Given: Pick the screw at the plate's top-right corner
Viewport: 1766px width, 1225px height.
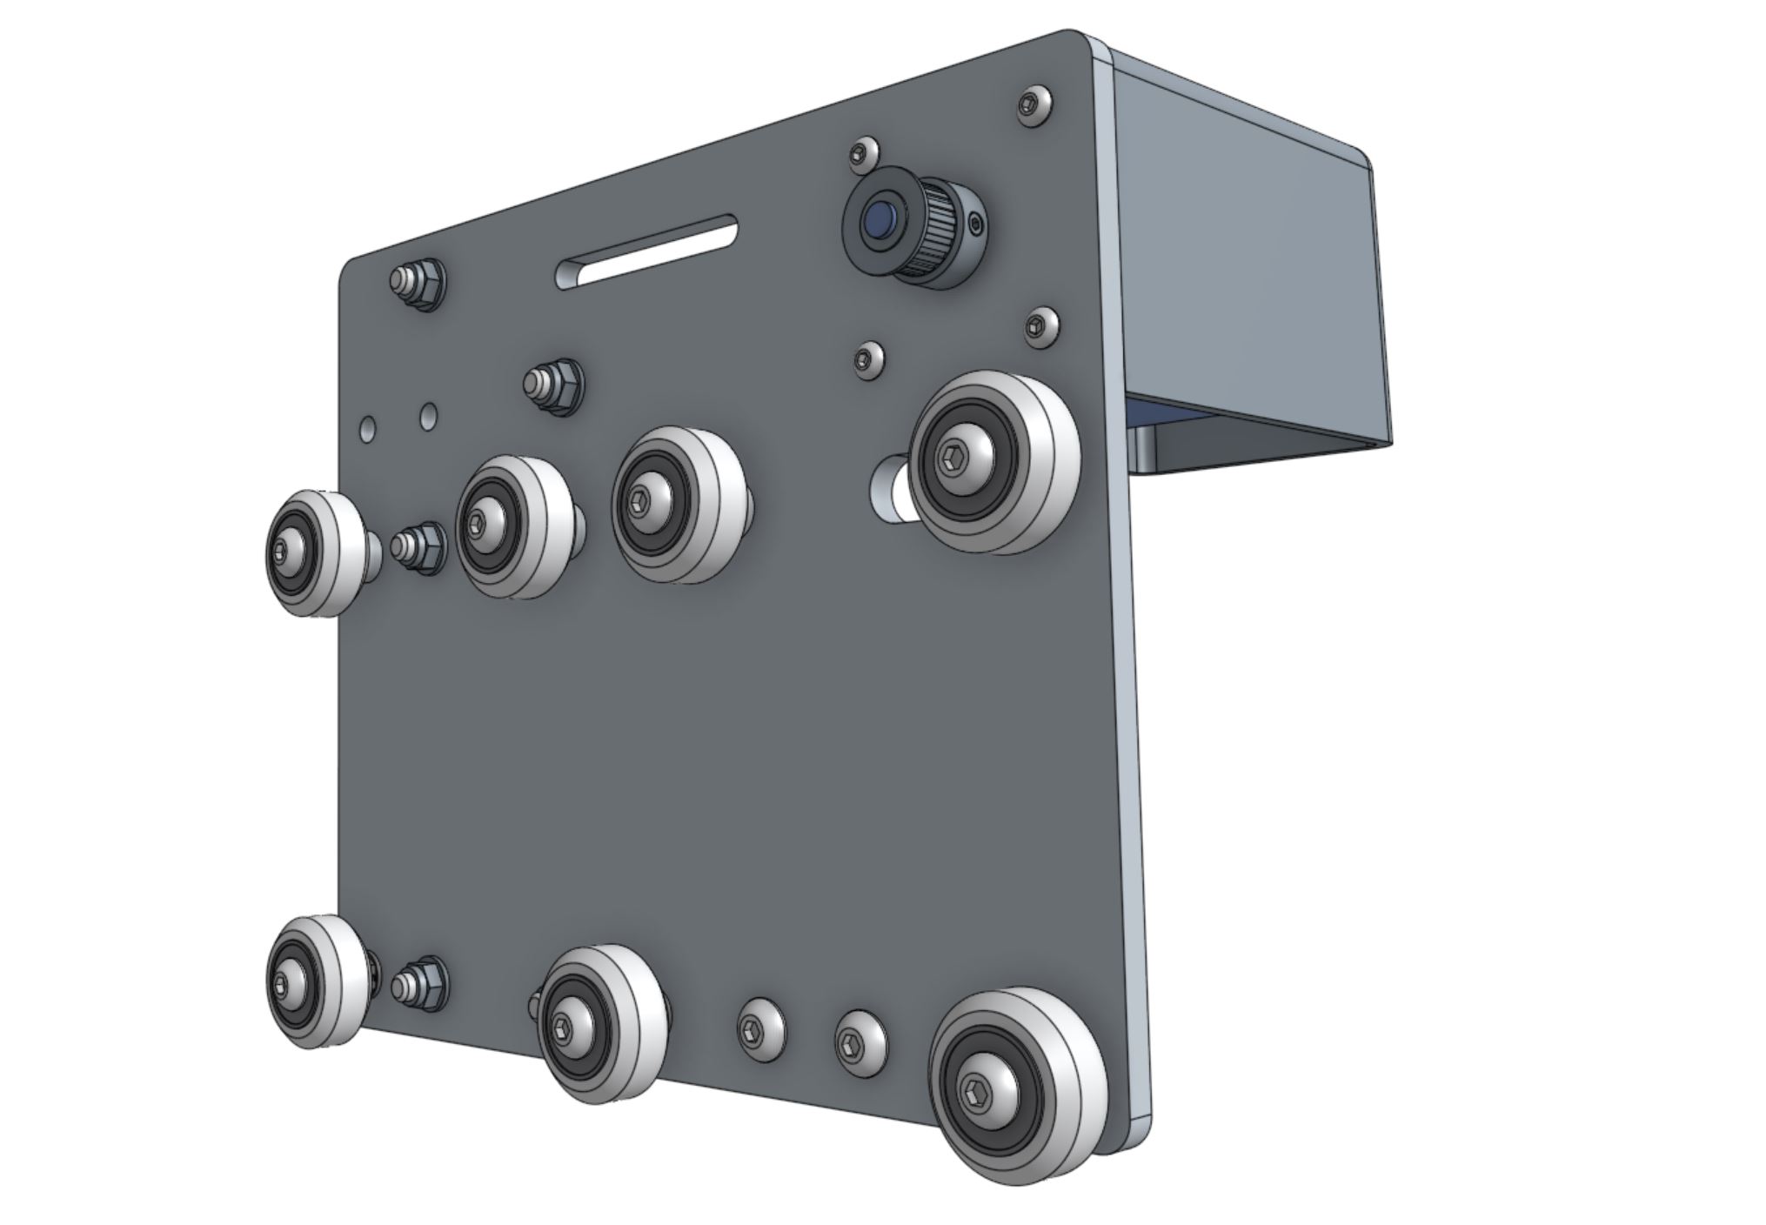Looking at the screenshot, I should point(1034,105).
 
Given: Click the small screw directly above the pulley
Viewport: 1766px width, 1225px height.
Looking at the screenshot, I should point(862,155).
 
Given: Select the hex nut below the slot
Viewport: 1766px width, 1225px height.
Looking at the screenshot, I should point(555,385).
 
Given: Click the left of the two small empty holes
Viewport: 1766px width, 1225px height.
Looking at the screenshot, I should point(369,428).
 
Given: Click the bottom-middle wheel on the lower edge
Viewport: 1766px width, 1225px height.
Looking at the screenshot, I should point(600,1023).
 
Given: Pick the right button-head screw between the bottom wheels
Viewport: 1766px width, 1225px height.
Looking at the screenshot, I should point(860,1042).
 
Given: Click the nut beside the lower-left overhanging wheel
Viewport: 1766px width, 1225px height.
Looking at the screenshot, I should point(421,986).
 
